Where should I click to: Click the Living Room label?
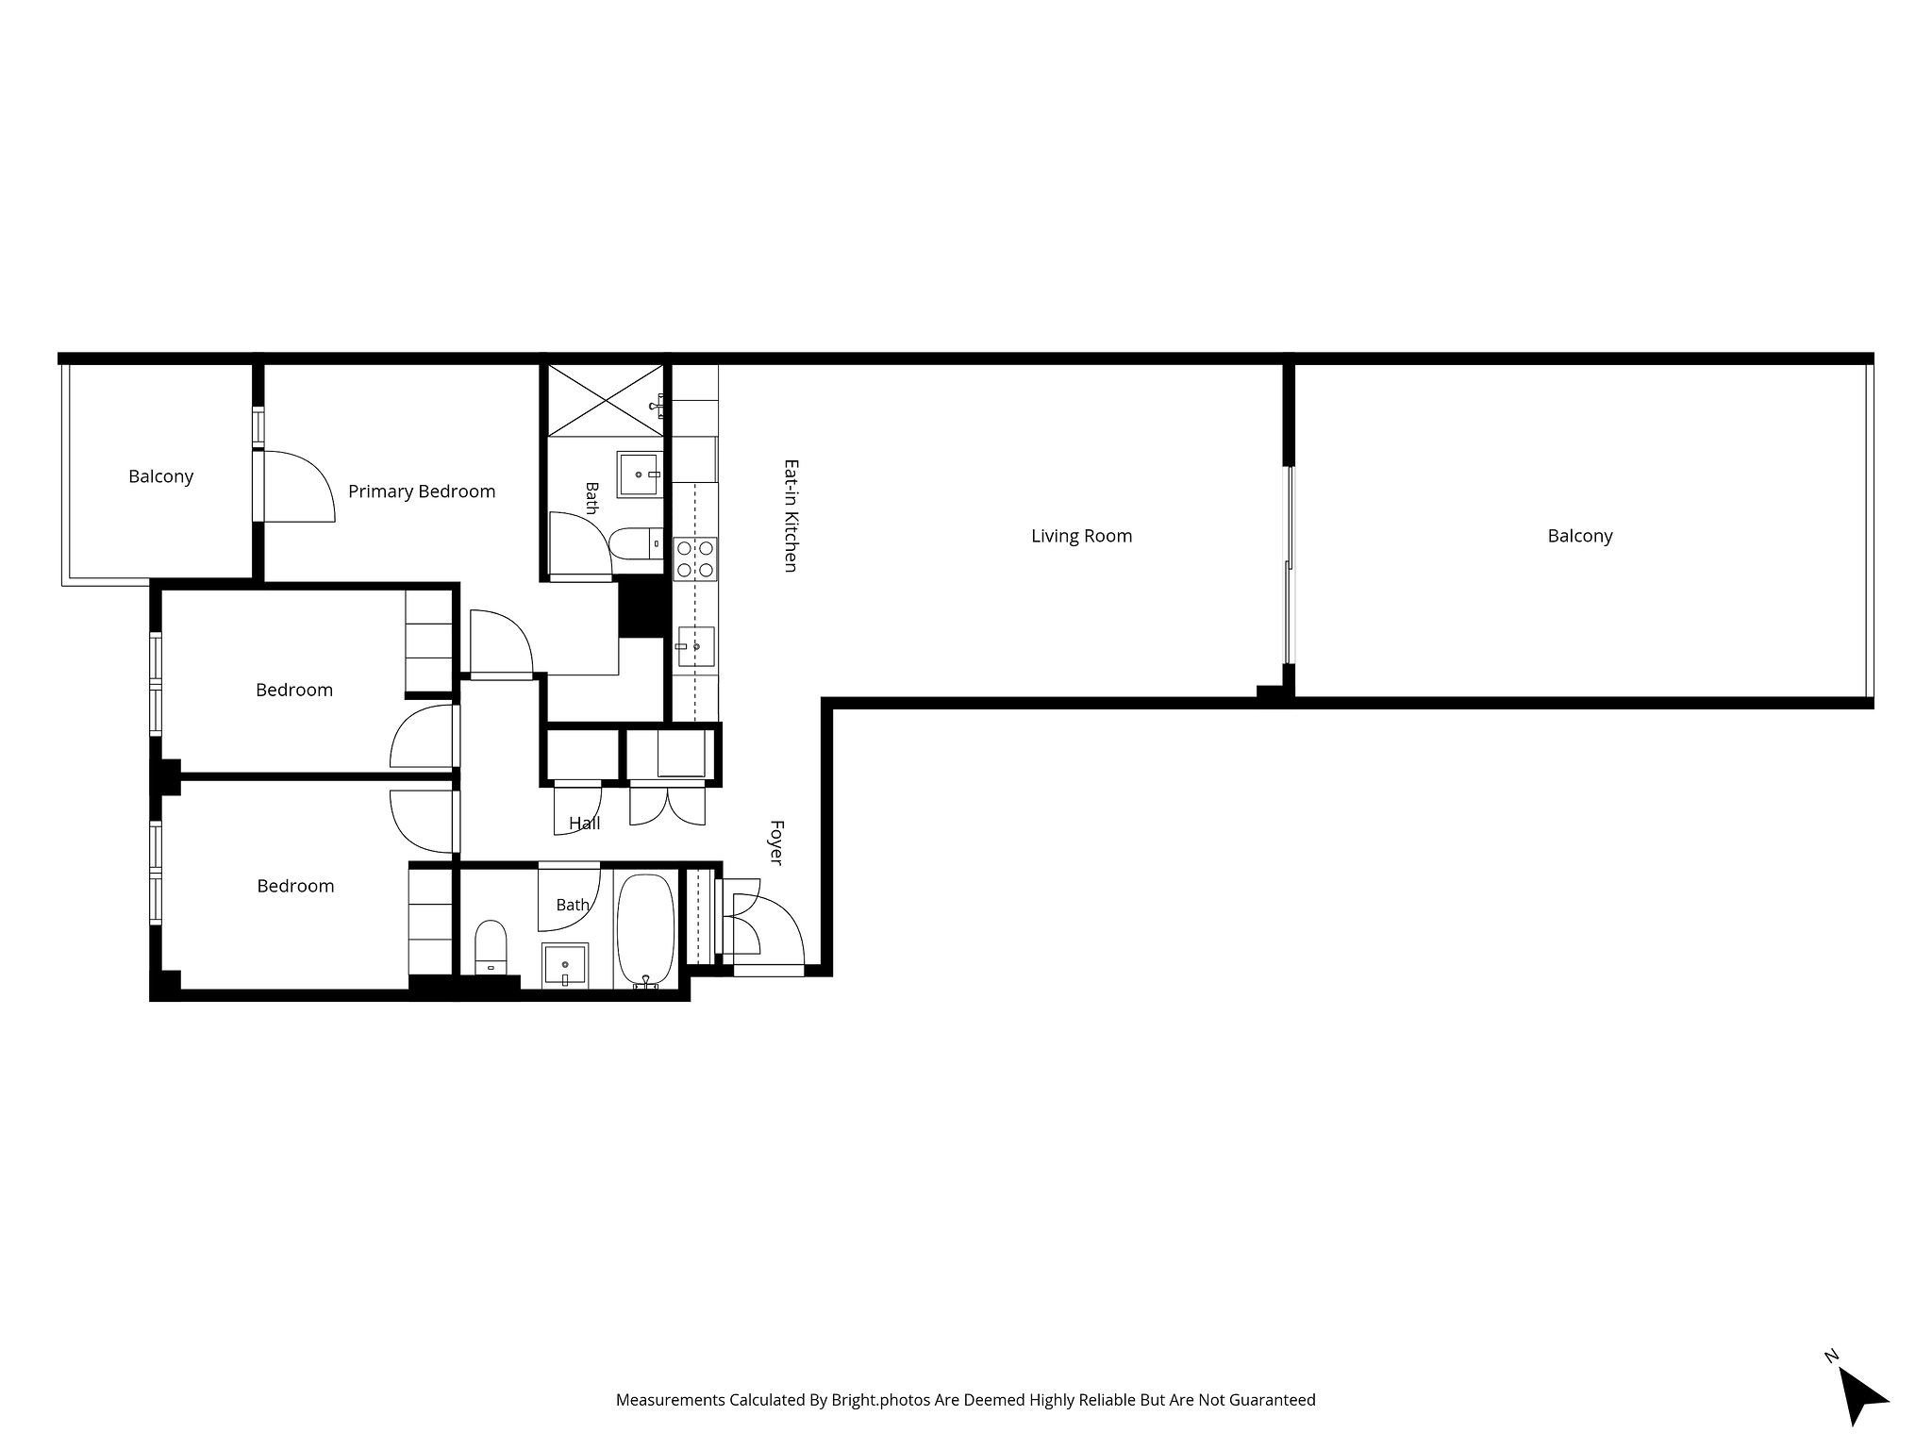1081,536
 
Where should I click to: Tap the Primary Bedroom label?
422,491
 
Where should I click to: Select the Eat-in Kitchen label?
791,515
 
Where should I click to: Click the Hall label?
585,824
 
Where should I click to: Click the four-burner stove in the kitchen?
695,558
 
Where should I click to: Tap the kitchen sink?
695,647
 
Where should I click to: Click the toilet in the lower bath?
491,947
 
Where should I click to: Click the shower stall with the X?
606,401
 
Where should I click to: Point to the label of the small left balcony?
161,476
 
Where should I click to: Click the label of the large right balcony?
1580,536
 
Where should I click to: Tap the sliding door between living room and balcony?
1289,564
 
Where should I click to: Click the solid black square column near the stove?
642,608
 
